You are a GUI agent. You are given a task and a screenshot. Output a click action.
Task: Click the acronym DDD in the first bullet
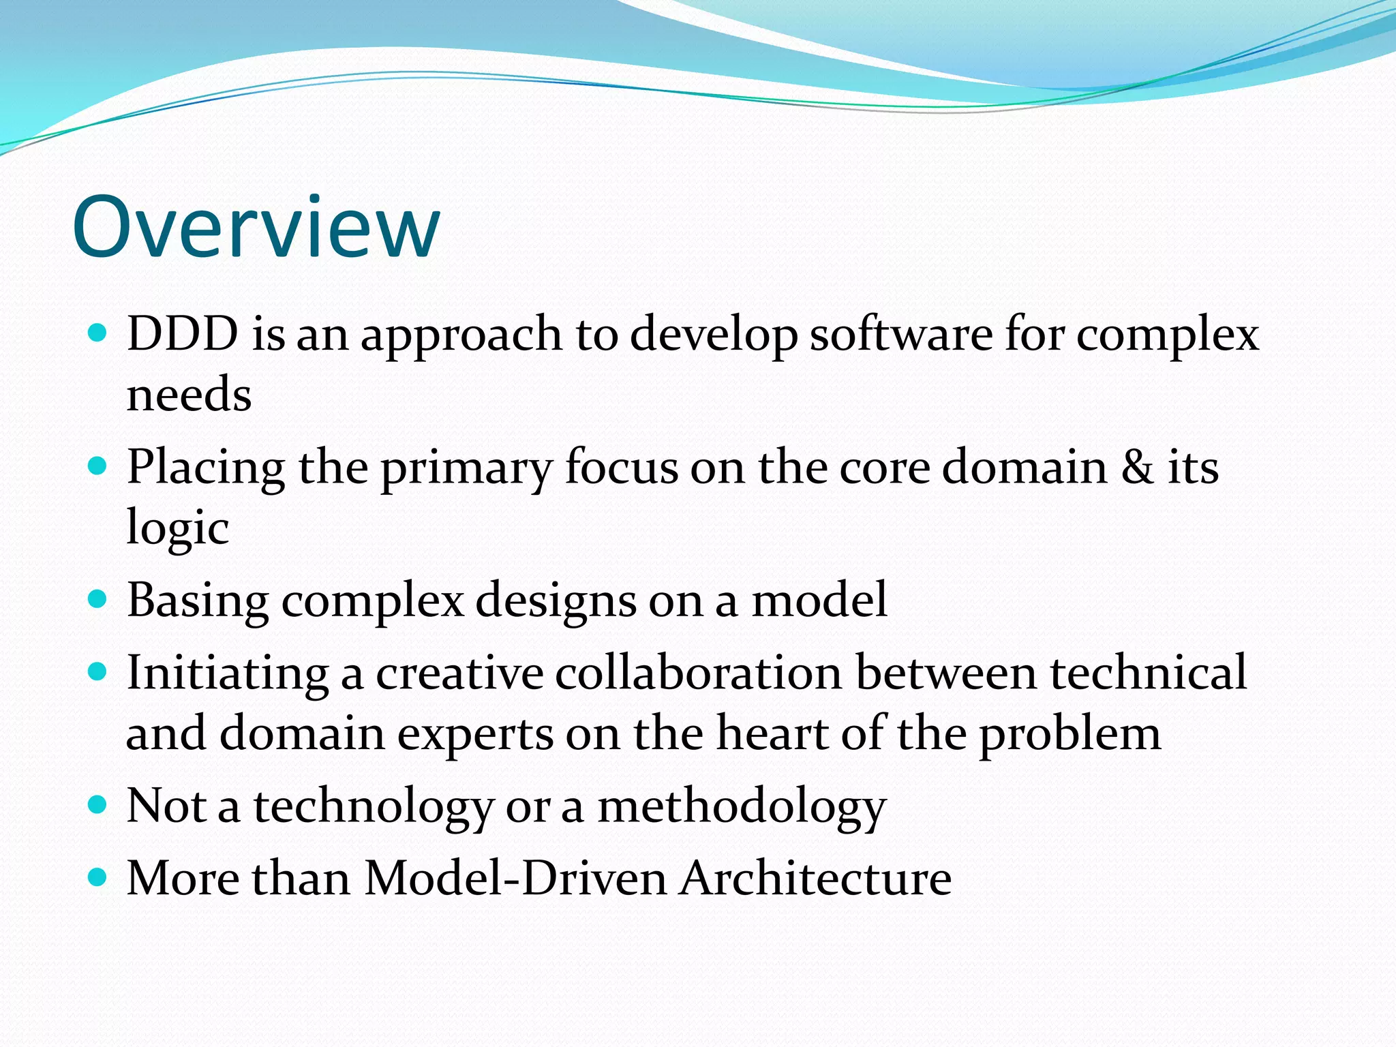click(x=183, y=334)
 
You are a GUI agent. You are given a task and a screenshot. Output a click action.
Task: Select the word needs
click(x=189, y=395)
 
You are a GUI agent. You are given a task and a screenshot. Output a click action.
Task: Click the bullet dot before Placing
click(x=98, y=466)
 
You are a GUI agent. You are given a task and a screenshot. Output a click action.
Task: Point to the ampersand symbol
click(x=1137, y=468)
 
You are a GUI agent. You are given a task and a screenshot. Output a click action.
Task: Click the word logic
click(x=177, y=528)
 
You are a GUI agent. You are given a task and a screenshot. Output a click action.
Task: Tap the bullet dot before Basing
click(x=98, y=599)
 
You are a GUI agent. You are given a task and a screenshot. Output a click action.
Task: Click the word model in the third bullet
click(x=819, y=601)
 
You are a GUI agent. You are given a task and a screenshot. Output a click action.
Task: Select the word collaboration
click(x=699, y=673)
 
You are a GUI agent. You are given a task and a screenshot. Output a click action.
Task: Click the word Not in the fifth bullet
click(x=166, y=806)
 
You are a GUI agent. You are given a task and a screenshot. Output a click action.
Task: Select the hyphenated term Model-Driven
click(x=515, y=878)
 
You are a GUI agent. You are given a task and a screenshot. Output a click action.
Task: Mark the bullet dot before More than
click(x=98, y=876)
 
